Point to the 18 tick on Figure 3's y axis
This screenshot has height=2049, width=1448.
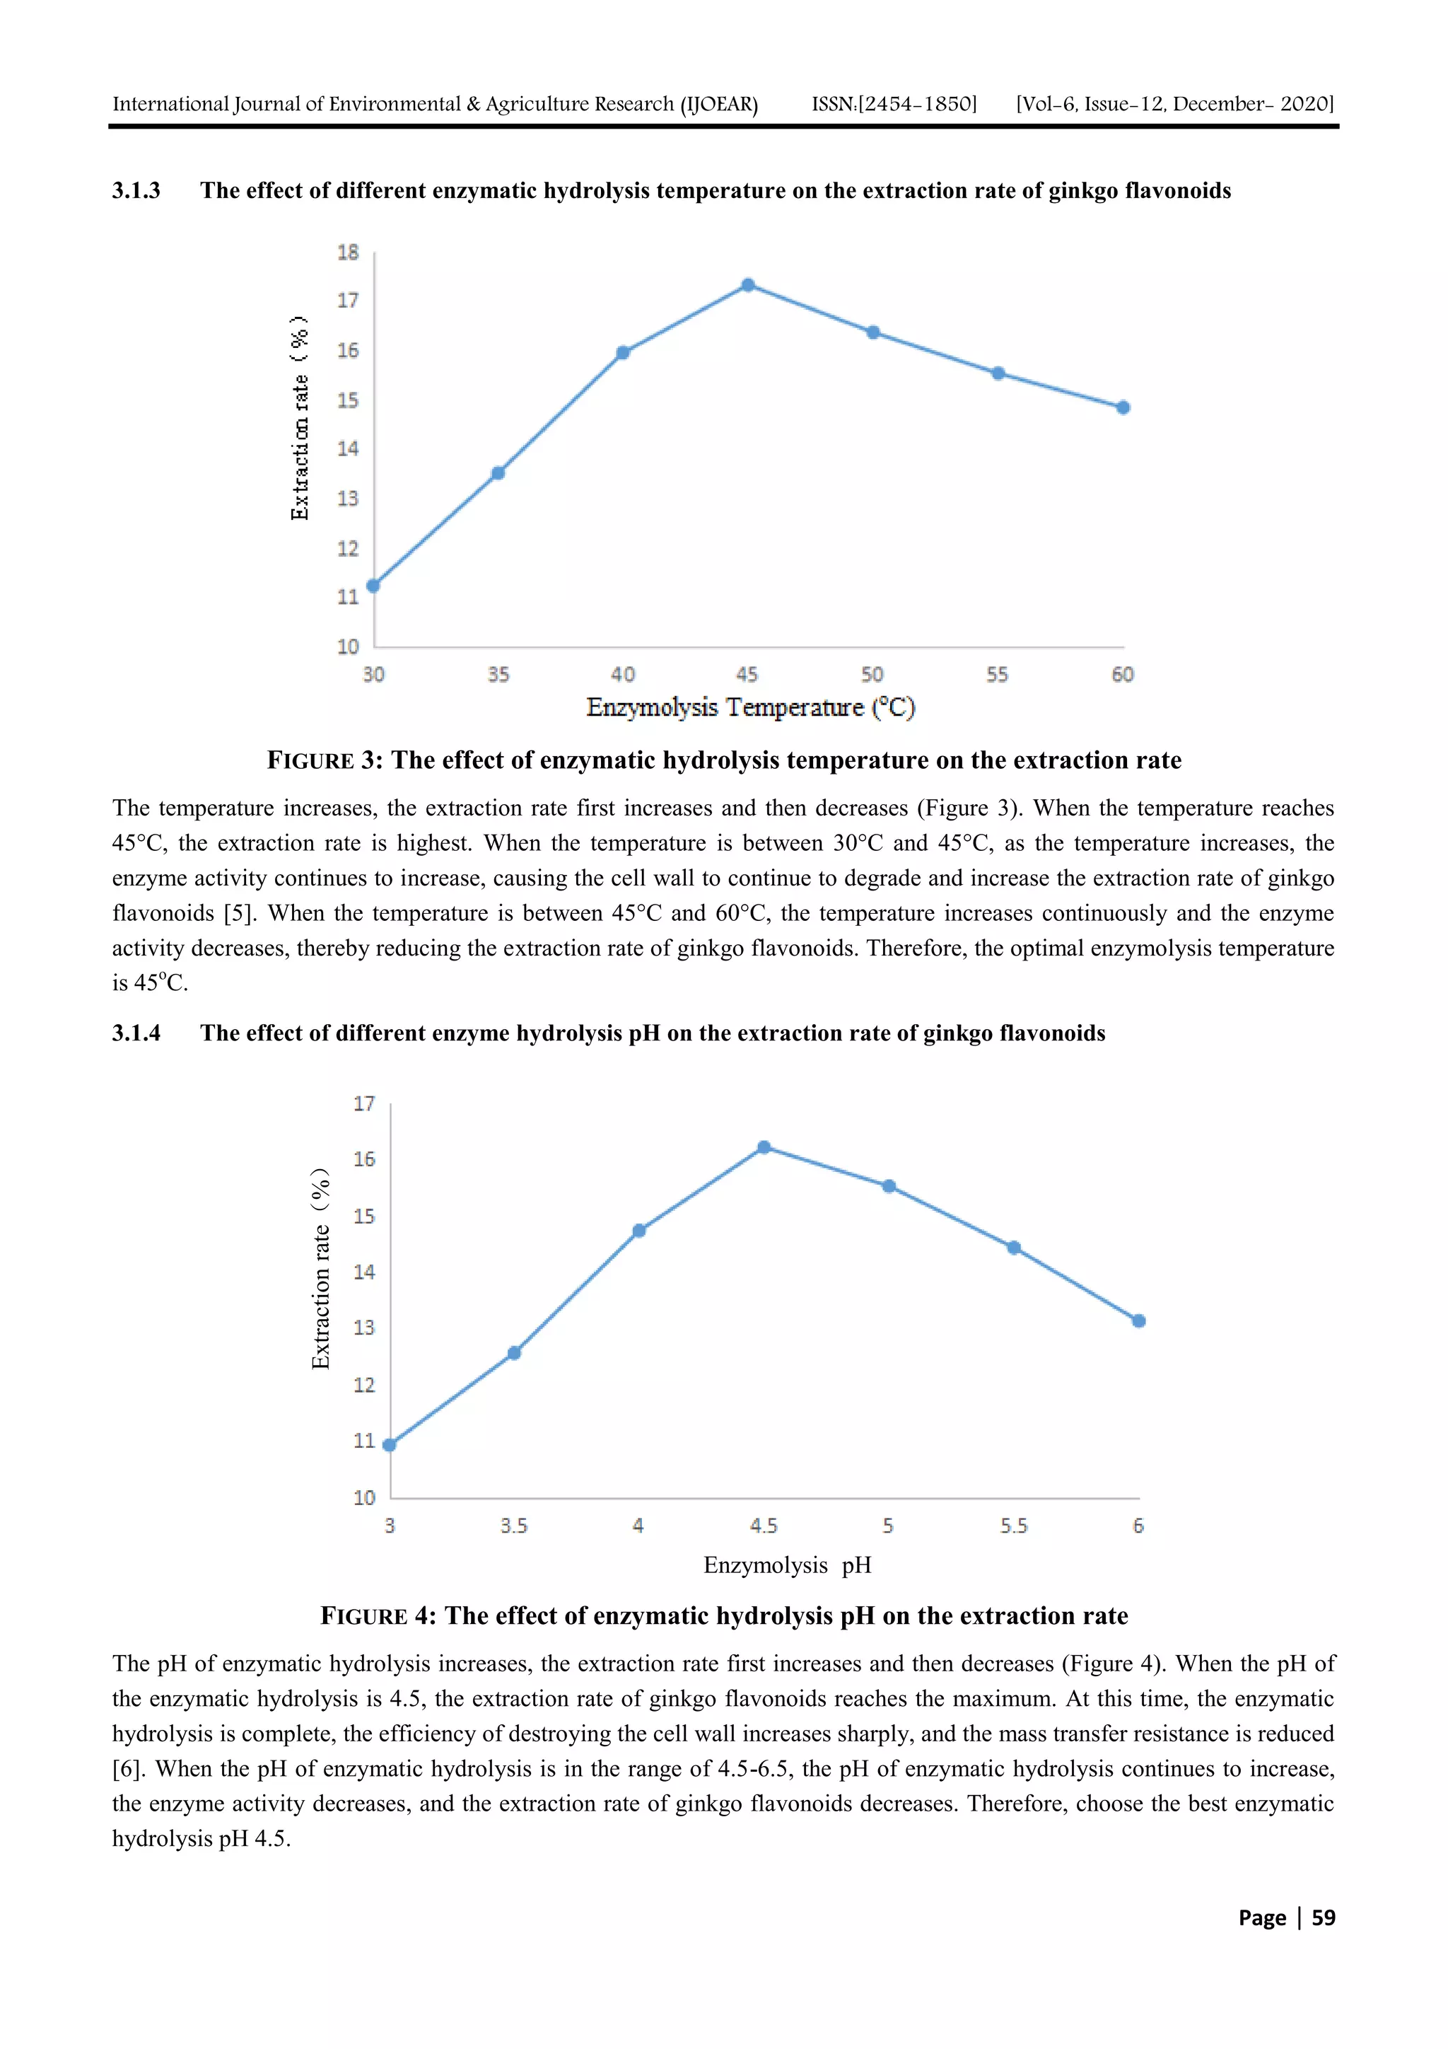click(x=348, y=253)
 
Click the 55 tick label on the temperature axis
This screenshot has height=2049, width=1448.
click(x=998, y=675)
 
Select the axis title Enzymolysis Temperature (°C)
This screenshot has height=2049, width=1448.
click(x=750, y=708)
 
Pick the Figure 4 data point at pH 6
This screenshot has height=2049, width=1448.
click(x=1138, y=1320)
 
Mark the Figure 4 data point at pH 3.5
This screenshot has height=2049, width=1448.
click(x=514, y=1353)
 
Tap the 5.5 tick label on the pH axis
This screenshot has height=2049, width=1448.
click(x=1013, y=1526)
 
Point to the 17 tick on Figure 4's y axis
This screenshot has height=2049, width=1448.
click(x=364, y=1104)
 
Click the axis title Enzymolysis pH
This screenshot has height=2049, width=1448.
click(x=787, y=1565)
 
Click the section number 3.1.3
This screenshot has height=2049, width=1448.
click(x=136, y=191)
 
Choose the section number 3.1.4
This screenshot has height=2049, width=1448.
click(x=136, y=1033)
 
